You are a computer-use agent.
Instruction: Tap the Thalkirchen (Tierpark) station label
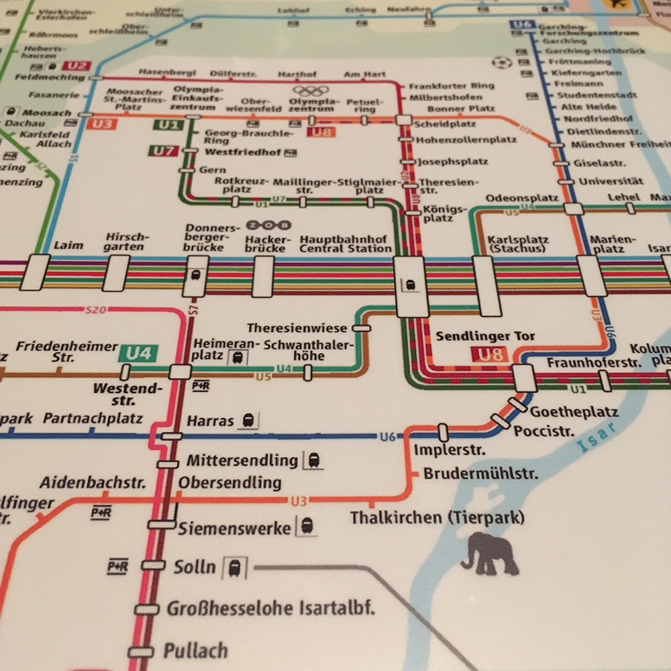(437, 518)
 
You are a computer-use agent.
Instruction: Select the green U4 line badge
(138, 353)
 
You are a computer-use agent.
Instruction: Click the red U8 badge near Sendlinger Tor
(491, 355)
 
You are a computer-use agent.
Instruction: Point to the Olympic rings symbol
(311, 91)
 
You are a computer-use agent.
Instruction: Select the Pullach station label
(195, 651)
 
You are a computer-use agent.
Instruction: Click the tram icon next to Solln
(234, 568)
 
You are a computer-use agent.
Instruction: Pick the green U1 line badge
(168, 125)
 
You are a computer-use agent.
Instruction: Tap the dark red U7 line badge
(163, 150)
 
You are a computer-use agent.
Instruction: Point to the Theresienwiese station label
(297, 328)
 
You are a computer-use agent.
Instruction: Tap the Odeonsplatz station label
(522, 198)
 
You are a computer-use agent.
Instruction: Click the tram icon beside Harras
(248, 421)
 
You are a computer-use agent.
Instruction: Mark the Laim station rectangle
(35, 272)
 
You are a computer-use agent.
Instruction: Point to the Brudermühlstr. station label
(480, 474)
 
